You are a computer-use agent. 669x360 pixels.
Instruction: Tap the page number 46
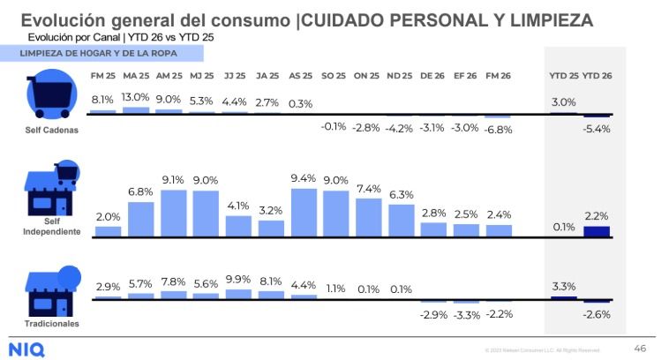[640, 348]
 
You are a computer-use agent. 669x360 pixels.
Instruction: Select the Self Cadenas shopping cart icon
[50, 95]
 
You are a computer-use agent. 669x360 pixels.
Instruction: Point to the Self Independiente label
[51, 227]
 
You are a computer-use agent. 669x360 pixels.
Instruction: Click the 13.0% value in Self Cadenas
[135, 97]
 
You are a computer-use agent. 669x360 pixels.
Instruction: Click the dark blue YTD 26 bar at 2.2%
[596, 231]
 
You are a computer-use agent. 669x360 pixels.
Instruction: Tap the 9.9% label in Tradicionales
[238, 280]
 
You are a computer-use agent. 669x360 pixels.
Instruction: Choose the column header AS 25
[301, 76]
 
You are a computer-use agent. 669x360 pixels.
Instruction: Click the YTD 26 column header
[597, 76]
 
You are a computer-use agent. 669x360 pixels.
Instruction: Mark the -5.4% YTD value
[597, 128]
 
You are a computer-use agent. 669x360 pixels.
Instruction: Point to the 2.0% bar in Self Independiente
[108, 231]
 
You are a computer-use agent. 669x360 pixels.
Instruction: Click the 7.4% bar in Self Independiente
[369, 217]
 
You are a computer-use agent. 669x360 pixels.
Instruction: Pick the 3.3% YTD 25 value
[563, 286]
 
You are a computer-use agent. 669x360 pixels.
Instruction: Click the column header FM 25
[103, 76]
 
